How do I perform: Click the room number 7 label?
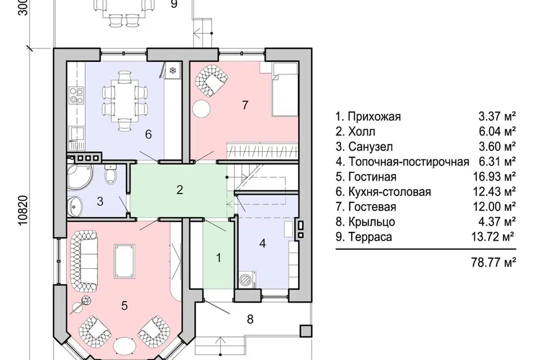pos(245,105)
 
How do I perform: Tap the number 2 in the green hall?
pos(179,190)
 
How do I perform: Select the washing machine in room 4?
pos(247,278)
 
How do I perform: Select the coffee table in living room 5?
pos(125,261)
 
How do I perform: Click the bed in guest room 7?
pos(285,90)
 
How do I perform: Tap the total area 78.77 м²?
pos(493,263)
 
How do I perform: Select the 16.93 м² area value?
pos(494,177)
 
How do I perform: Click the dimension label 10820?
pos(24,210)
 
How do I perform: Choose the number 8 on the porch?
pos(250,319)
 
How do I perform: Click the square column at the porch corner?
pos(306,331)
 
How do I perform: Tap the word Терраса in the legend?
pos(370,237)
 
